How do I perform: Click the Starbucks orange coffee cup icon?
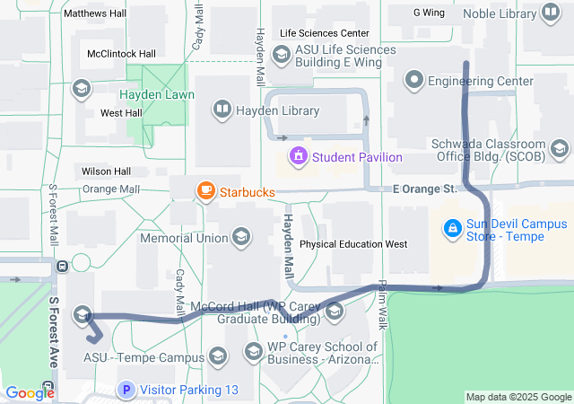pos(206,190)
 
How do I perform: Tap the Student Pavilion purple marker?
pos(298,157)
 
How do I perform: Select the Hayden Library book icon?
pos(222,110)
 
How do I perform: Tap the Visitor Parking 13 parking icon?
pos(126,390)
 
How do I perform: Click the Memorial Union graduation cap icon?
pos(240,238)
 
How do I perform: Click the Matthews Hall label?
pos(95,14)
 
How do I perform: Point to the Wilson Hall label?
pos(106,171)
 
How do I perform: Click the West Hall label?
pos(121,113)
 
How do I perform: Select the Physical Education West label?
pos(353,244)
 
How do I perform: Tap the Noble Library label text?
pos(500,13)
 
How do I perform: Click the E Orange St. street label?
pos(425,189)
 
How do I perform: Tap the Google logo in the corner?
pos(30,392)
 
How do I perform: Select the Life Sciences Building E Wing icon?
pos(281,56)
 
